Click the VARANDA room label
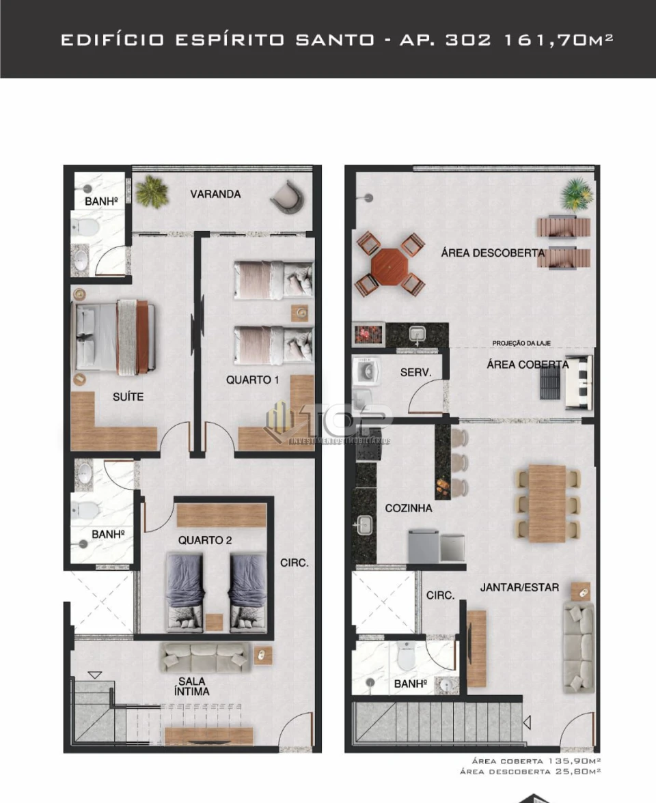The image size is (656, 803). point(215,194)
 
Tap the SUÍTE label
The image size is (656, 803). point(128,396)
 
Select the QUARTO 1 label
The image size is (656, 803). point(252,380)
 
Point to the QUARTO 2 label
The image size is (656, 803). point(205,540)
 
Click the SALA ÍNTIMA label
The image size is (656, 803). point(192,686)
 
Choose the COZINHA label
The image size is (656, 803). point(408,508)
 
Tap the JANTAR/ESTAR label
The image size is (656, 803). point(519,587)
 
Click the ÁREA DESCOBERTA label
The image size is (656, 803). point(493,253)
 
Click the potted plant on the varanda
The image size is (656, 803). point(151,192)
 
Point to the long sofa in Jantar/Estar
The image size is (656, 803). point(577,647)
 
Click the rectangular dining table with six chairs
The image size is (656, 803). point(547,503)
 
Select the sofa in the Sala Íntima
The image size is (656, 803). point(204,657)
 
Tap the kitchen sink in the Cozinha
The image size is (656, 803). point(364,524)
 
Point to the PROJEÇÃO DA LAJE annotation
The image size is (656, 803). point(522,343)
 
